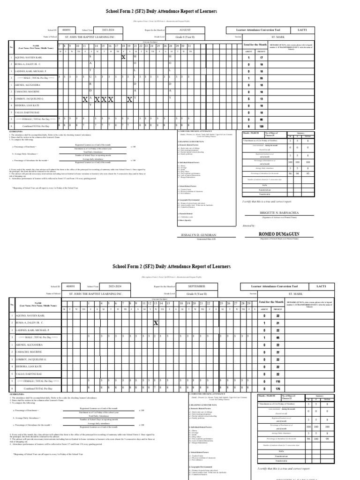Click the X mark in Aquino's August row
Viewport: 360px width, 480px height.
coord(123,57)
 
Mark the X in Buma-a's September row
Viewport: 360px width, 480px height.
coord(156,323)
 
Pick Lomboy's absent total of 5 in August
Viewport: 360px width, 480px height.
coord(249,99)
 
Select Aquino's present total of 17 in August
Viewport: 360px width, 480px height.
coord(261,57)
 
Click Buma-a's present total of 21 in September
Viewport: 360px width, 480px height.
coord(265,323)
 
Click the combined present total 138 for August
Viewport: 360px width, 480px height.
coord(261,127)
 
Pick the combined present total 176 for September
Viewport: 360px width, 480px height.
coord(265,389)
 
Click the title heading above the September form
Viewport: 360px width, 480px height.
coord(172,266)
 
